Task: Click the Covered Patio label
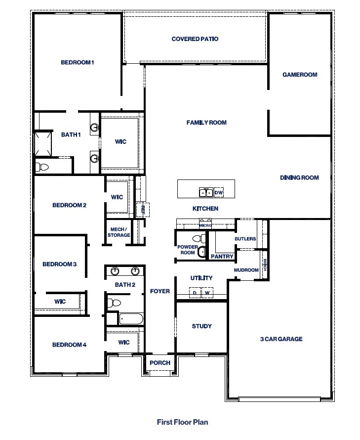[x=195, y=39]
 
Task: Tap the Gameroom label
[x=300, y=75]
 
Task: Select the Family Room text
[x=206, y=123]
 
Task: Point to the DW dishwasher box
[x=219, y=192]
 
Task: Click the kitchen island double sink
[x=206, y=192]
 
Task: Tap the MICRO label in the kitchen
[x=205, y=225]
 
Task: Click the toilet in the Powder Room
[x=201, y=253]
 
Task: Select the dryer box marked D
[x=195, y=293]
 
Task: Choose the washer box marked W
[x=207, y=293]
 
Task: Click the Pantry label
[x=222, y=257]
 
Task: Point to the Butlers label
[x=245, y=239]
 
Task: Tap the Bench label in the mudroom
[x=265, y=265]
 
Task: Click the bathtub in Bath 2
[x=131, y=319]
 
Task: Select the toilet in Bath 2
[x=114, y=303]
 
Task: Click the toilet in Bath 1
[x=42, y=167]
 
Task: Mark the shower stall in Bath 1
[x=42, y=143]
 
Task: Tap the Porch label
[x=160, y=363]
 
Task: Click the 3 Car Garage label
[x=281, y=339]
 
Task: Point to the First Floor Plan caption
[x=182, y=422]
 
